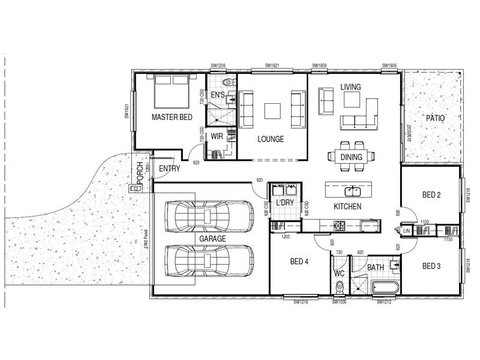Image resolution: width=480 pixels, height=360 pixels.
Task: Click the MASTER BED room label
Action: pyautogui.click(x=172, y=117)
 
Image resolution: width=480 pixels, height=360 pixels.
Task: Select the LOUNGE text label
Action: pyautogui.click(x=270, y=139)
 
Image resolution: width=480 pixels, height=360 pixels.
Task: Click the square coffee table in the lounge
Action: pyautogui.click(x=272, y=110)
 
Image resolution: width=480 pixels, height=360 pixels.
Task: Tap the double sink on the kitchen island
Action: pyautogui.click(x=352, y=191)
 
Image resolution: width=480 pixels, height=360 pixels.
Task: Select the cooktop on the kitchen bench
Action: pyautogui.click(x=340, y=226)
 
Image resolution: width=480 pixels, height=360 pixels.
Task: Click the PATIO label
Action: pyautogui.click(x=435, y=118)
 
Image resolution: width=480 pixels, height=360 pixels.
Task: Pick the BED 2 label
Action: pyautogui.click(x=432, y=194)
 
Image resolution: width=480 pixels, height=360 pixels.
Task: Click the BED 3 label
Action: pyautogui.click(x=432, y=266)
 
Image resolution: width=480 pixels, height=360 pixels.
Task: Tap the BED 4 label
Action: pyautogui.click(x=300, y=261)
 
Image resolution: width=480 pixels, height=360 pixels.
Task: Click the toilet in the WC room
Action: pyautogui.click(x=340, y=289)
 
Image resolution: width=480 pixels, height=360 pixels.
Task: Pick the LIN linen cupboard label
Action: pyautogui.click(x=406, y=230)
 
